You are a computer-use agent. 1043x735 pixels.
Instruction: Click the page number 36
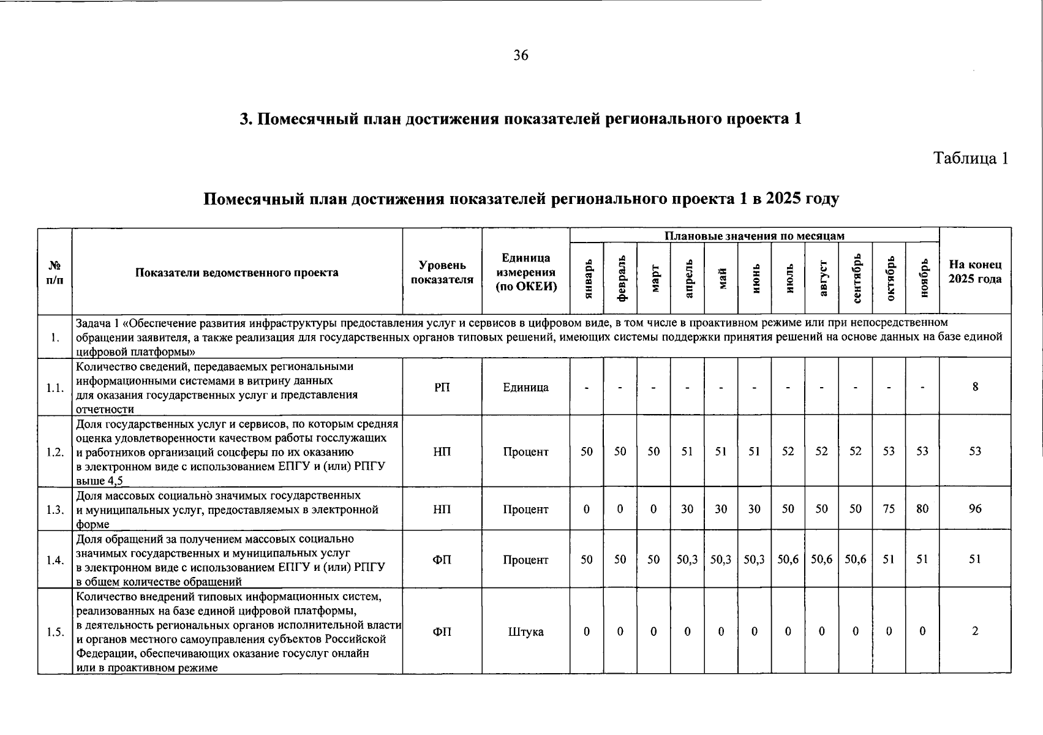click(x=521, y=56)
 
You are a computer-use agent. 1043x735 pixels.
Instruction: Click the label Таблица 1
click(x=970, y=159)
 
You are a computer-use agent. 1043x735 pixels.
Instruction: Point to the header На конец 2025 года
click(x=975, y=272)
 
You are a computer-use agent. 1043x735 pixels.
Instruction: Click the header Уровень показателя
click(x=442, y=272)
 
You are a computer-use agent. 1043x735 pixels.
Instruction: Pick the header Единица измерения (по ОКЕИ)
click(x=525, y=272)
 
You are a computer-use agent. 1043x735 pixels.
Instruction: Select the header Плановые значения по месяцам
click(x=754, y=236)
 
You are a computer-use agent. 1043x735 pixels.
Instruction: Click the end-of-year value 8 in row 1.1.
click(x=975, y=386)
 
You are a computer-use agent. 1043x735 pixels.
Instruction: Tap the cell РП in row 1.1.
click(x=442, y=387)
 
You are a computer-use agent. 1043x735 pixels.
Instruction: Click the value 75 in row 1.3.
click(x=889, y=508)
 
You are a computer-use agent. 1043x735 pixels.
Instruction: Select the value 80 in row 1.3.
click(x=922, y=508)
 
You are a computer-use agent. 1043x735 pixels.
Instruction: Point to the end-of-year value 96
click(x=975, y=508)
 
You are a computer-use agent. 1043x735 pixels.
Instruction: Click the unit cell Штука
click(x=525, y=631)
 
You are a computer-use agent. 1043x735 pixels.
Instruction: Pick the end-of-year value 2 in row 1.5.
click(x=975, y=631)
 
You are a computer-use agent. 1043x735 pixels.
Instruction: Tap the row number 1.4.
click(x=55, y=560)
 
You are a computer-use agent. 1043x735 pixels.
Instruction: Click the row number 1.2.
click(x=55, y=452)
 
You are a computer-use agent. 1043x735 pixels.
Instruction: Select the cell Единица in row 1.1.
click(x=525, y=387)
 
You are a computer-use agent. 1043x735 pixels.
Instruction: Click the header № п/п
click(x=55, y=272)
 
